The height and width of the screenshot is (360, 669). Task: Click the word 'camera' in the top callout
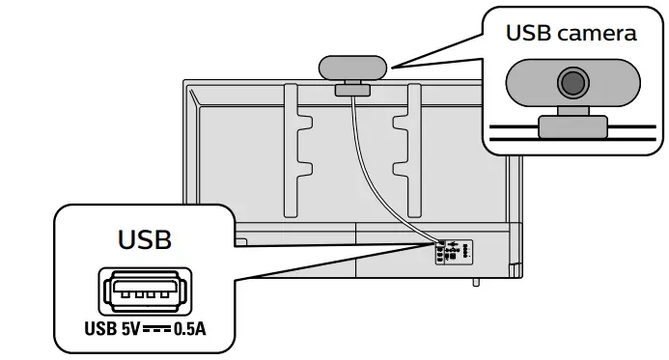[x=599, y=33]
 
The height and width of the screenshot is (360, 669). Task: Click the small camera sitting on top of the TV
[x=353, y=68]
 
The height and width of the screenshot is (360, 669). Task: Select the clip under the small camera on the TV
[x=353, y=90]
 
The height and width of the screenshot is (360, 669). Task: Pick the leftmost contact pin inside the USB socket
[x=122, y=292]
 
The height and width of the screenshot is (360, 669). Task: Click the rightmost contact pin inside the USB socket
[x=167, y=292]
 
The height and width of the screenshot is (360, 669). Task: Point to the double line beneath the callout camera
[x=573, y=134]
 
